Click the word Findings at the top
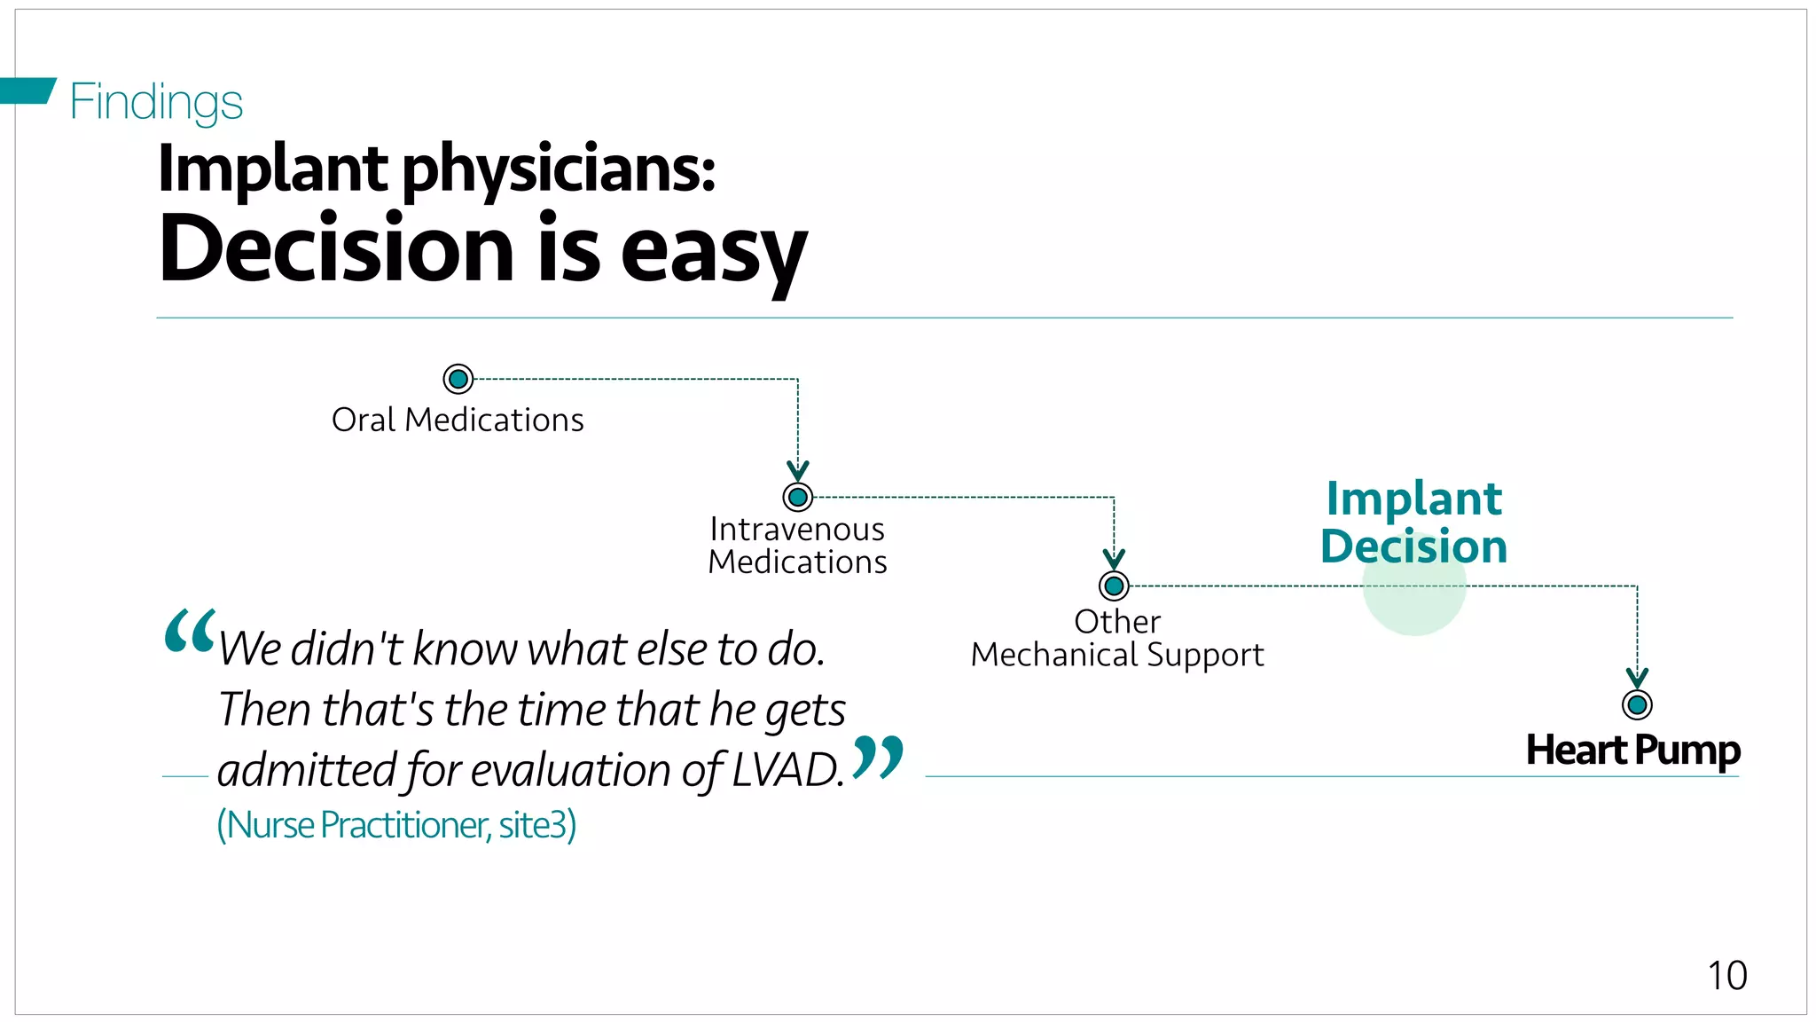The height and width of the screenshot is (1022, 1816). [156, 102]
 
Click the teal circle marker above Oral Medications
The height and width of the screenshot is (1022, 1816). [458, 380]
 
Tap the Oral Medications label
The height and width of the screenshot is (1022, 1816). [458, 420]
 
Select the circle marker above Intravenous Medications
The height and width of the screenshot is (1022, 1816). [798, 497]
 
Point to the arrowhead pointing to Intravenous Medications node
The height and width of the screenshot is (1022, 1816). [798, 470]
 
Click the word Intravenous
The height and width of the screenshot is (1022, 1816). [797, 530]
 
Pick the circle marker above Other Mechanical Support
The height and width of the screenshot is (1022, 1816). [1114, 586]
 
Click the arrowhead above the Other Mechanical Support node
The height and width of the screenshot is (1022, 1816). [1114, 559]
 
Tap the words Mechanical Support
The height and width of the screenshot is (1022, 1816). [1117, 656]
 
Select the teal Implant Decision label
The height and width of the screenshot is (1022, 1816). [1414, 523]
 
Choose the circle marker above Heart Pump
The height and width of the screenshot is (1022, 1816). [1637, 705]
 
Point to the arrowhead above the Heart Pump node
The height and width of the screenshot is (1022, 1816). [1637, 678]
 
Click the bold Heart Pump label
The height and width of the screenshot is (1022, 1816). [1632, 751]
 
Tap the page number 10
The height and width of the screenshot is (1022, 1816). [1727, 976]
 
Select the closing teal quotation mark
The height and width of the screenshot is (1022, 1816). [878, 757]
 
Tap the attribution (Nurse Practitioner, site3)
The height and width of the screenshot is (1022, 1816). [396, 825]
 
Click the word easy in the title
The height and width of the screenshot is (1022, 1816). [714, 250]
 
